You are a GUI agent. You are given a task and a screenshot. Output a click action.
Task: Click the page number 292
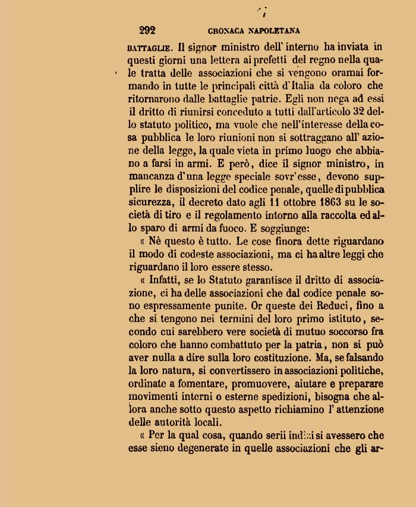tap(147, 30)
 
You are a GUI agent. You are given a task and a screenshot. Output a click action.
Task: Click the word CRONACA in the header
tap(228, 31)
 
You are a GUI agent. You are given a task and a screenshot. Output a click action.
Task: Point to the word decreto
tap(208, 201)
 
